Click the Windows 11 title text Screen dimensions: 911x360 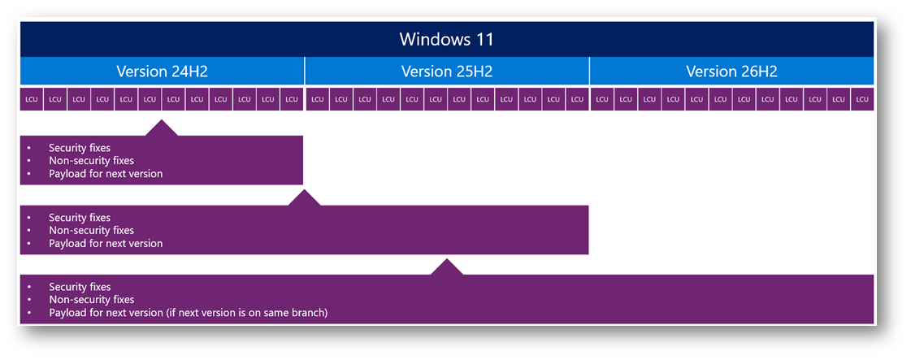pyautogui.click(x=446, y=40)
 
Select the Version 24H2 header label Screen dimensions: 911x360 pyautogui.click(x=162, y=72)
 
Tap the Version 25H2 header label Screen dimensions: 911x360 pyautogui.click(x=447, y=72)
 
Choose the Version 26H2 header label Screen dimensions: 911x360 pyautogui.click(x=731, y=72)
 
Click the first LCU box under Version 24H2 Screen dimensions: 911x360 pyautogui.click(x=32, y=99)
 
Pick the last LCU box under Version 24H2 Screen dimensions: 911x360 pyautogui.click(x=292, y=99)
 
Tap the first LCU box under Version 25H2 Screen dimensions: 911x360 pyautogui.click(x=317, y=99)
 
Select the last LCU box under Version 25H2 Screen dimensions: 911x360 pyautogui.click(x=577, y=99)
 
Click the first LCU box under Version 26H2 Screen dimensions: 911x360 pyautogui.click(x=602, y=99)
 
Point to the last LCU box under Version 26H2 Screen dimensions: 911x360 pyautogui.click(x=862, y=99)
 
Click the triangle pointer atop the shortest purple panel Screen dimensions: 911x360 pyautogui.click(x=162, y=129)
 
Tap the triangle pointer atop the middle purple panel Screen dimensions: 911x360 pyautogui.click(x=305, y=198)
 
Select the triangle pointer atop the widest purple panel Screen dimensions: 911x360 pyautogui.click(x=446, y=267)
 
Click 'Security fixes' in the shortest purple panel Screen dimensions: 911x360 pyautogui.click(x=80, y=148)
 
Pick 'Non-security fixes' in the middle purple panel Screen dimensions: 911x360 pyautogui.click(x=91, y=231)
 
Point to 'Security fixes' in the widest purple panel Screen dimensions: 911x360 pyautogui.click(x=80, y=287)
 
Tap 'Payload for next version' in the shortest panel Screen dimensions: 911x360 pyautogui.click(x=106, y=174)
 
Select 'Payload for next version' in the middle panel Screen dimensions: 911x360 pyautogui.click(x=106, y=243)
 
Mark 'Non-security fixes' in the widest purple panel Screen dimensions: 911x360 pyautogui.click(x=91, y=300)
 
